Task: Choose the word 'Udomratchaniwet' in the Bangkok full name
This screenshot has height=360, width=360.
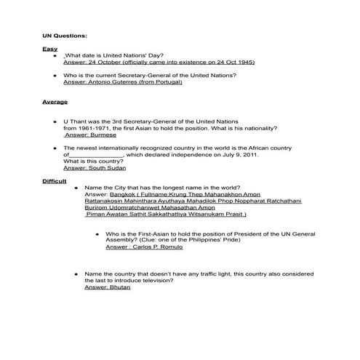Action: click(137, 208)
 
